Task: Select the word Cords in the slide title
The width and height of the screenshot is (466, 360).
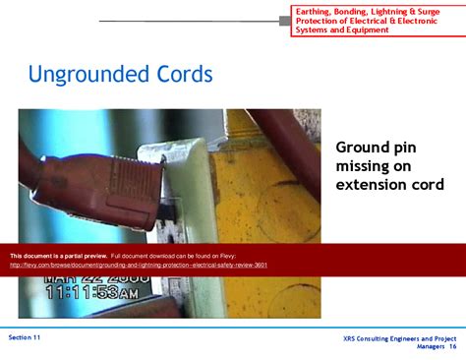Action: [x=186, y=75]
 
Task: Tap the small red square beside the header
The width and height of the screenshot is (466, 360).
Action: [x=285, y=21]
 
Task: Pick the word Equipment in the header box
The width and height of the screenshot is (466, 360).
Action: [x=368, y=30]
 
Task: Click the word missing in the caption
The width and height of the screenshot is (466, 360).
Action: [x=364, y=166]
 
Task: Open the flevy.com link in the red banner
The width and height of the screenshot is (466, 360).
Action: [x=139, y=265]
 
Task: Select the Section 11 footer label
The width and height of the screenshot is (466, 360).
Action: [x=25, y=336]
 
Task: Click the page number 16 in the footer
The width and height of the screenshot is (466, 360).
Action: [x=452, y=346]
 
